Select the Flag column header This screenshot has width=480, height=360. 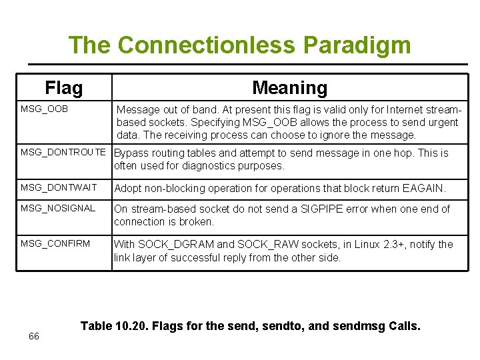tap(64, 88)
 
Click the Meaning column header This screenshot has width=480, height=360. tap(289, 88)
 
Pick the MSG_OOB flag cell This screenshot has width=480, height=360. tap(44, 108)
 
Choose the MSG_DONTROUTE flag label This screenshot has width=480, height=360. tap(63, 152)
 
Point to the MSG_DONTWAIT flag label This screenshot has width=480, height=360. tap(59, 188)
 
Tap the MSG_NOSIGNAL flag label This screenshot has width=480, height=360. tap(58, 208)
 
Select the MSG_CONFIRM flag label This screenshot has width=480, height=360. tap(55, 243)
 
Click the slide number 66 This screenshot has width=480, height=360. tap(34, 336)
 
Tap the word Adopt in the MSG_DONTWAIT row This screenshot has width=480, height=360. tap(129, 189)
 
